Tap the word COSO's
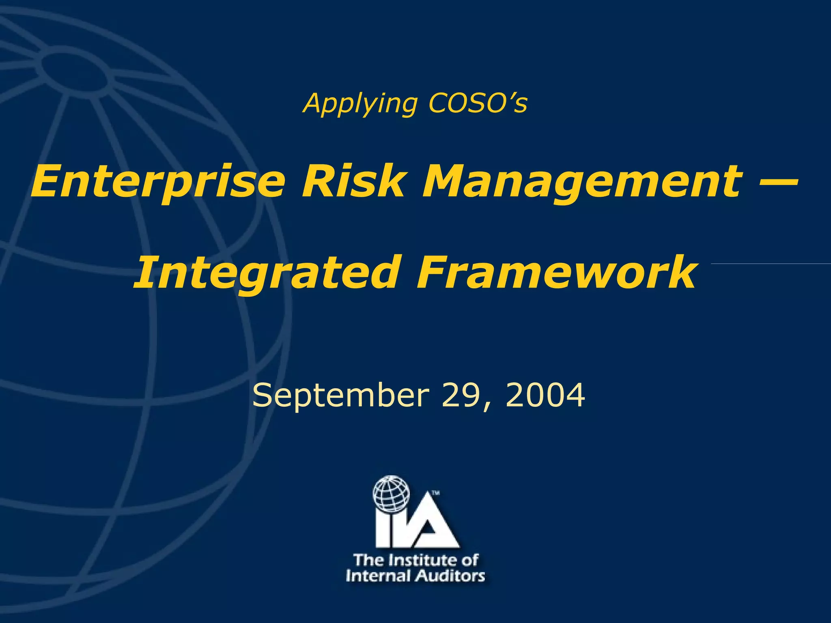tap(478, 103)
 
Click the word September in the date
tap(340, 395)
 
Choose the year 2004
tap(545, 395)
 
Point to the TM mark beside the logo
tap(435, 493)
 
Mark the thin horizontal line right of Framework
tap(771, 264)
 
